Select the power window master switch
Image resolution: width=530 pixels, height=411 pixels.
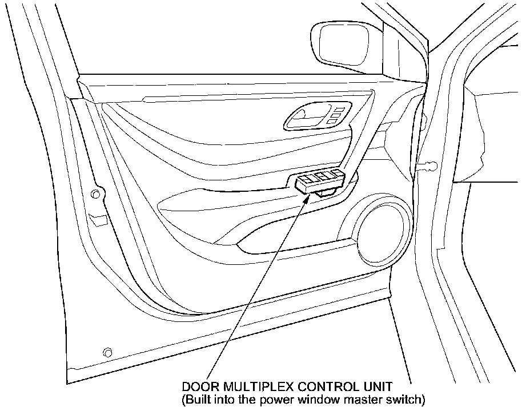(x=320, y=182)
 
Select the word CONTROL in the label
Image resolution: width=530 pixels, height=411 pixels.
(x=323, y=387)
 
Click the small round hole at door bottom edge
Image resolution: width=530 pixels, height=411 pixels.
(x=106, y=351)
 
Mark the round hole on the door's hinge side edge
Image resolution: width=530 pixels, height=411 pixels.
(x=95, y=195)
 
